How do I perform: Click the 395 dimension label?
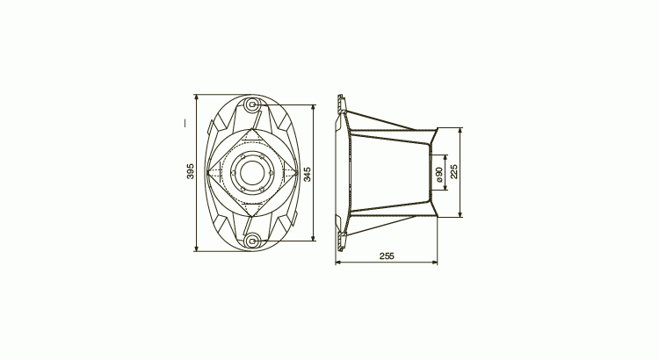click(191, 171)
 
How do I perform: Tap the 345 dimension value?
click(308, 175)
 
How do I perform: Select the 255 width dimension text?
click(387, 256)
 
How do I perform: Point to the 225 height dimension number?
click(454, 171)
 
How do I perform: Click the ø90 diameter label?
click(438, 175)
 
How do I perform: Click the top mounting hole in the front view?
click(252, 104)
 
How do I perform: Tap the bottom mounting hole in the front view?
click(252, 241)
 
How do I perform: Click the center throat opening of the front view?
click(252, 172)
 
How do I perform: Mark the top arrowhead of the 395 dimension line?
click(196, 97)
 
